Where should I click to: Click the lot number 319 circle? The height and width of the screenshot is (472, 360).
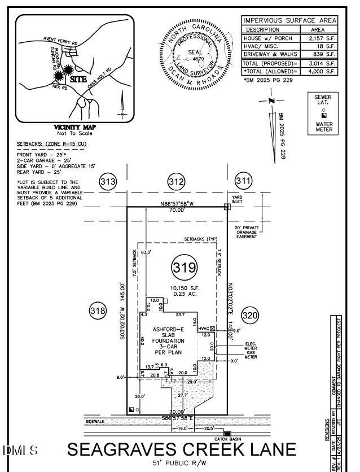click(x=186, y=267)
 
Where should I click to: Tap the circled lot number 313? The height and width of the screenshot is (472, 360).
click(x=108, y=182)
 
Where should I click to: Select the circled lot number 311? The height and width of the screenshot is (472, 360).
click(x=243, y=181)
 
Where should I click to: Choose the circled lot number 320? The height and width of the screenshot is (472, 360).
click(x=250, y=315)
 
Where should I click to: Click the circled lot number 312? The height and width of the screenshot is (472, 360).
click(x=176, y=182)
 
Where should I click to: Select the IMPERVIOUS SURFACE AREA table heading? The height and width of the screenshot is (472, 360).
click(x=289, y=20)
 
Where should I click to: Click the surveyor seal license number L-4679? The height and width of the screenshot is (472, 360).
click(x=195, y=58)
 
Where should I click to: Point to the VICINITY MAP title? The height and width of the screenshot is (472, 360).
click(x=74, y=127)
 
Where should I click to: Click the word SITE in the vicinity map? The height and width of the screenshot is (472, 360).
click(x=78, y=80)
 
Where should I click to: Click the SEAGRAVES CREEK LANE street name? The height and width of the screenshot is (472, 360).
click(x=182, y=449)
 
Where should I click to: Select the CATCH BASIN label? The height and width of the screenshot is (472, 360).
click(x=227, y=439)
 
